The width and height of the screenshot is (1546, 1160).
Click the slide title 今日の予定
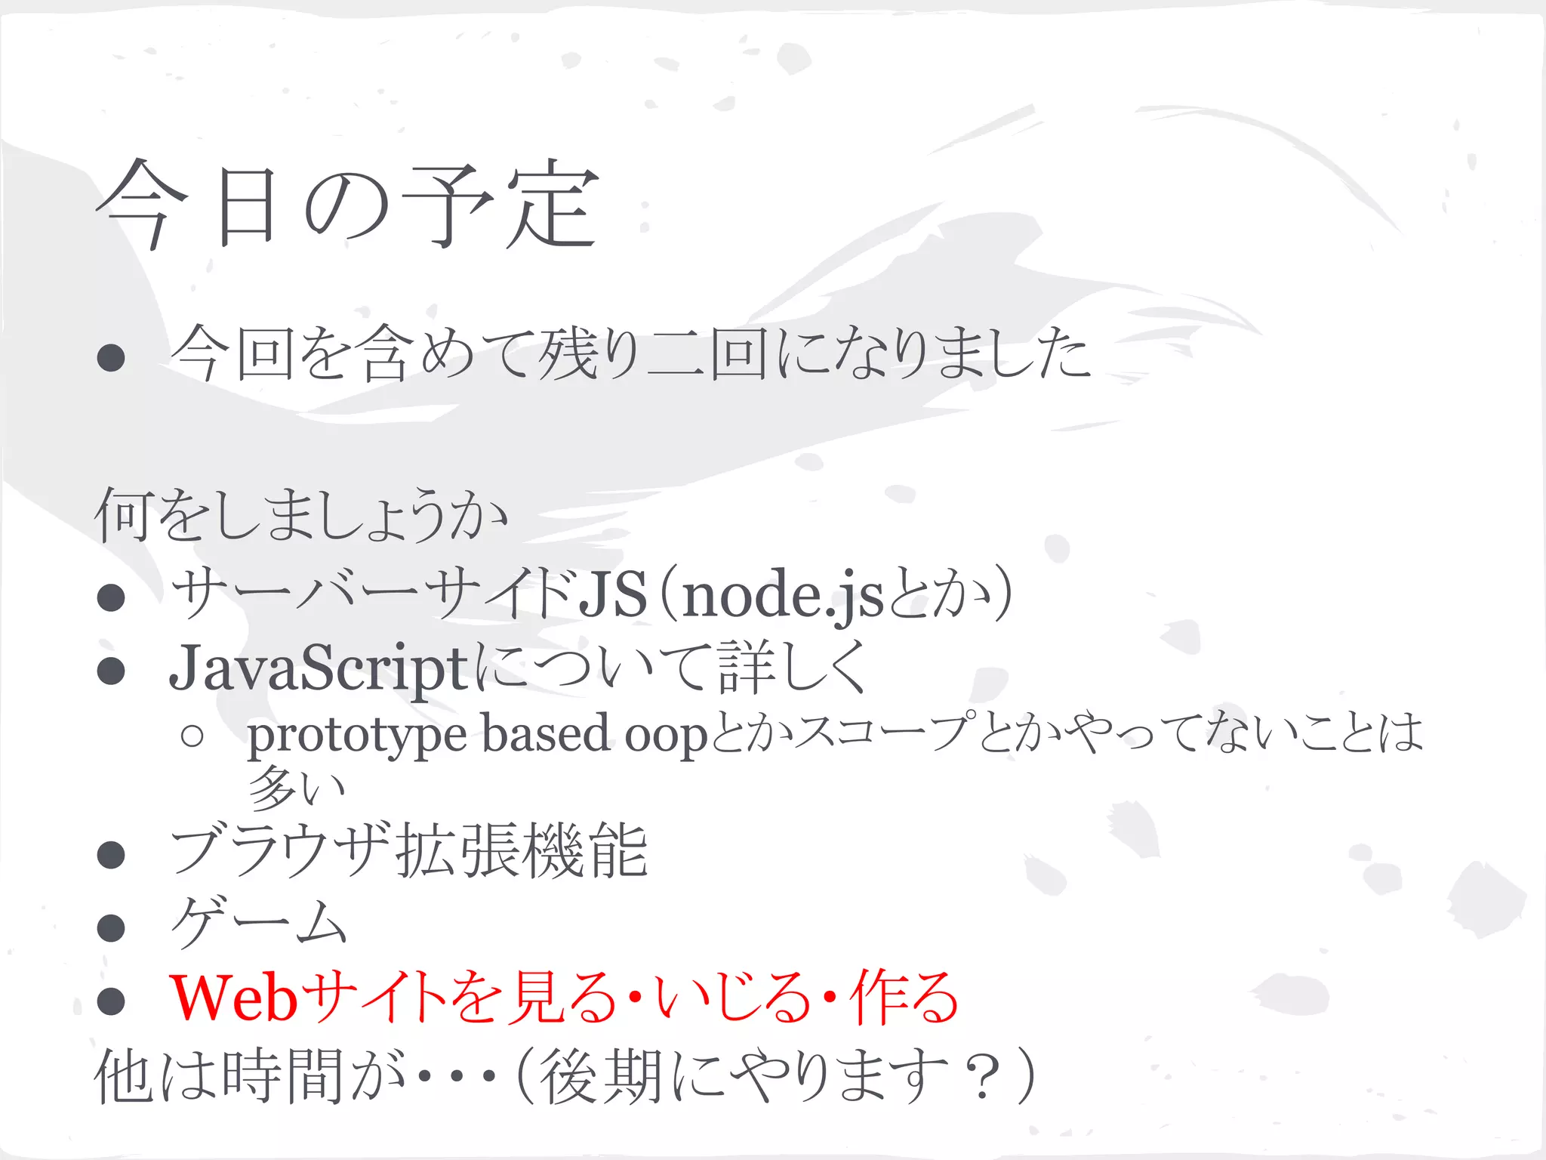coord(347,205)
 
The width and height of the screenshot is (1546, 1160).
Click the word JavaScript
coord(319,668)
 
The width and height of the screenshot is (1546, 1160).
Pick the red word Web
coord(234,998)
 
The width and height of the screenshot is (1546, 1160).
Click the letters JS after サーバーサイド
coord(611,594)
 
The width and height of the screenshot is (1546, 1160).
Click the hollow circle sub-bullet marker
coord(192,736)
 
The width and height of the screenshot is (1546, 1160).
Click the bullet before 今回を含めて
coord(111,357)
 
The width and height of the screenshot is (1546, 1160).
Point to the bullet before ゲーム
coord(111,927)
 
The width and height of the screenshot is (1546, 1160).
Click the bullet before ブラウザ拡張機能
coord(111,854)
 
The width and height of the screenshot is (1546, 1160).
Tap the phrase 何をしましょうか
coord(300,515)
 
